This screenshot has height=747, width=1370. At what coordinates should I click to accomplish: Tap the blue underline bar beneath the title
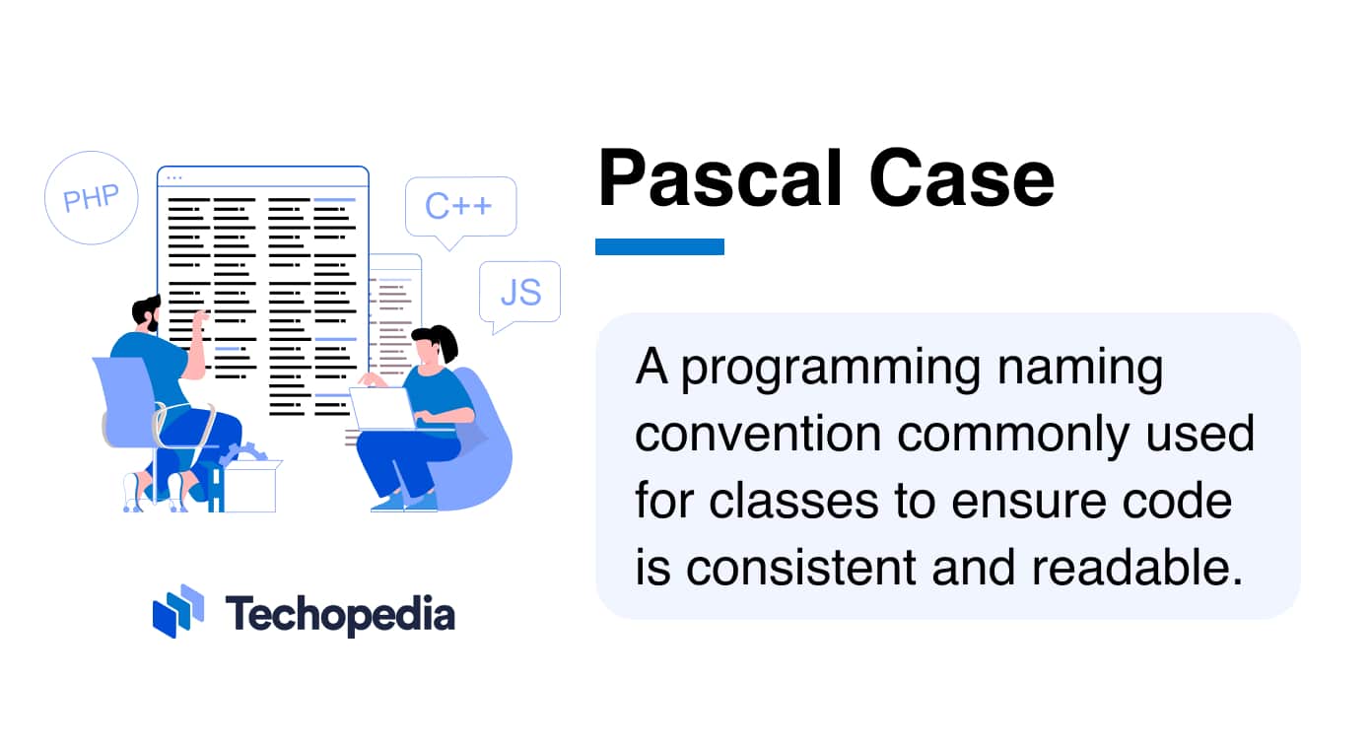659,246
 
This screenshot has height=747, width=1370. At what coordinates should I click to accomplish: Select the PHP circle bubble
91,198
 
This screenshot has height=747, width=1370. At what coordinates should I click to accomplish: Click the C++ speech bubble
459,207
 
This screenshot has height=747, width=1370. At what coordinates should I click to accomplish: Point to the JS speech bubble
519,293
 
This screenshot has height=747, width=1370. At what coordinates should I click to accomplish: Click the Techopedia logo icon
177,611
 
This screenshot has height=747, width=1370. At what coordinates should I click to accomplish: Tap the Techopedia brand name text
340,614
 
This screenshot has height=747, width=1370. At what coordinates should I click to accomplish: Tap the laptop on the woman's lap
380,408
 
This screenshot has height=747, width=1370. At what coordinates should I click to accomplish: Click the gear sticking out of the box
243,454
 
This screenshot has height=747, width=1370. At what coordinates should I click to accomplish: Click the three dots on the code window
174,178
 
